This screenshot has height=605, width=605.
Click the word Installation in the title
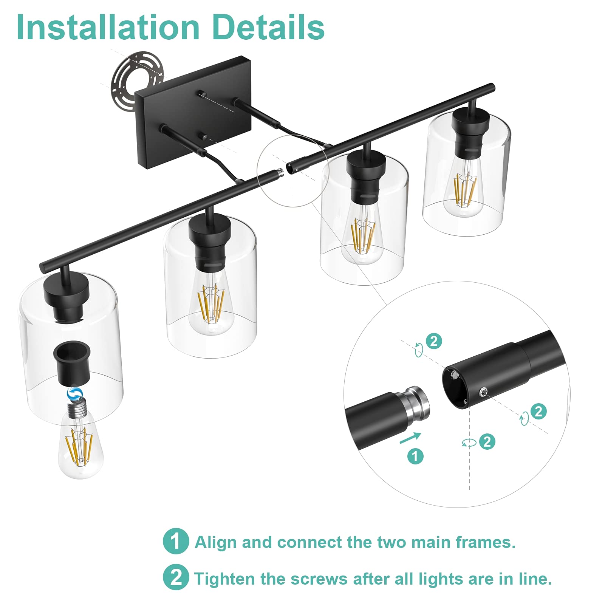pos(108,27)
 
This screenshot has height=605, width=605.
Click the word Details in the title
pos(268,27)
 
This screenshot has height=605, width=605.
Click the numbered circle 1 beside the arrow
pos(415,456)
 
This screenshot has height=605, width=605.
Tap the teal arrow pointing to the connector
pos(410,438)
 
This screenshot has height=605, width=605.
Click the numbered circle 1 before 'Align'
pos(176,541)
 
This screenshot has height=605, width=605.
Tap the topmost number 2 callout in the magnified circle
pos(434,341)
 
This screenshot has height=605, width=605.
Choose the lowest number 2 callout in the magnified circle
pos(487,441)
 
